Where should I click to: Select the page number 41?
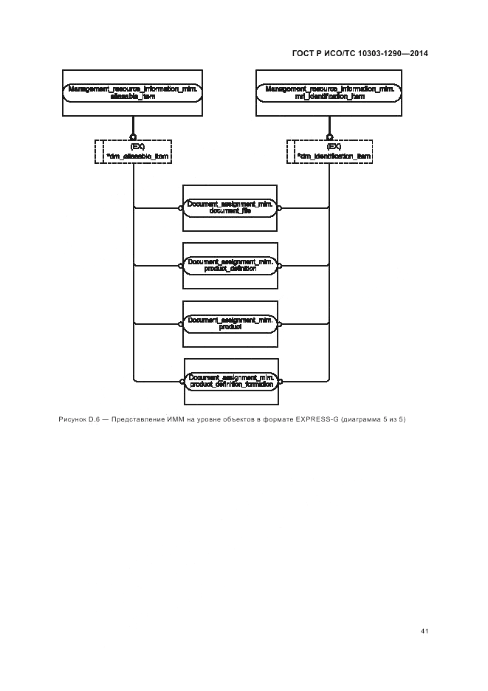point(425,631)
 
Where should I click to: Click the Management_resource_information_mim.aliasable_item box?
point(133,92)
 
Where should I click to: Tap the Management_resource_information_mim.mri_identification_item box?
point(329,92)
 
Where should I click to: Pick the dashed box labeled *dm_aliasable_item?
point(133,152)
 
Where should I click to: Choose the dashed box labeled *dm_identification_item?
point(329,152)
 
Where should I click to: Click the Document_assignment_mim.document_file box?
point(230,207)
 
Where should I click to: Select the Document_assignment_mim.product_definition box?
point(230,265)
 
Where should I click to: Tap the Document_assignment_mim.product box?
point(230,323)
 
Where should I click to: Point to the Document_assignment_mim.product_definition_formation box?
point(230,381)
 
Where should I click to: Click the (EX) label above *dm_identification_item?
point(334,147)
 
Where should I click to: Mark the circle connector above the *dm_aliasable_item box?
point(133,137)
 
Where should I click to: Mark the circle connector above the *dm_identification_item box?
point(329,137)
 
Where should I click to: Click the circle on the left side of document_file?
point(180,208)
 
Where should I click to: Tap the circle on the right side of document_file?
point(279,208)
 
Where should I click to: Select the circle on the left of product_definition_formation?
point(180,381)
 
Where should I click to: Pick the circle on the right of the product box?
point(279,323)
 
